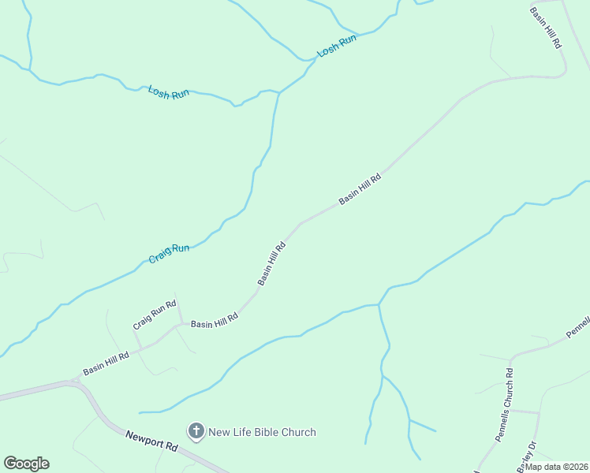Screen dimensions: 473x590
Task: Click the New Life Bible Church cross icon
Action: point(196,431)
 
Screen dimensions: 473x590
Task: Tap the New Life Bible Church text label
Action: point(262,432)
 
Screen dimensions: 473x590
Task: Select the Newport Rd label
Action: point(151,440)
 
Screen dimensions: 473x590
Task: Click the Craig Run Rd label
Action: point(153,316)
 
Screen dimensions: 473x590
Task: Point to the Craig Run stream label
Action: point(170,254)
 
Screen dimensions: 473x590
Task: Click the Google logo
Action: point(26,464)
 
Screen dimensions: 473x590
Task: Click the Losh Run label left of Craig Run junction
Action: point(169,93)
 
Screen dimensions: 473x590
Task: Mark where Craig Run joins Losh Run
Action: point(279,93)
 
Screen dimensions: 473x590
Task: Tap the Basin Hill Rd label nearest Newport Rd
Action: point(106,363)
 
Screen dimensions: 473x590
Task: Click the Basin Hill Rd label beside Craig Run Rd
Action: point(215,322)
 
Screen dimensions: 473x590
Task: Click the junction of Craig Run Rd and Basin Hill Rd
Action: point(182,324)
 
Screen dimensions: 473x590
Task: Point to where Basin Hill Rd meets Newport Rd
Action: point(76,382)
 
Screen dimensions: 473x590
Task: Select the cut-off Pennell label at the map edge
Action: point(578,327)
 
